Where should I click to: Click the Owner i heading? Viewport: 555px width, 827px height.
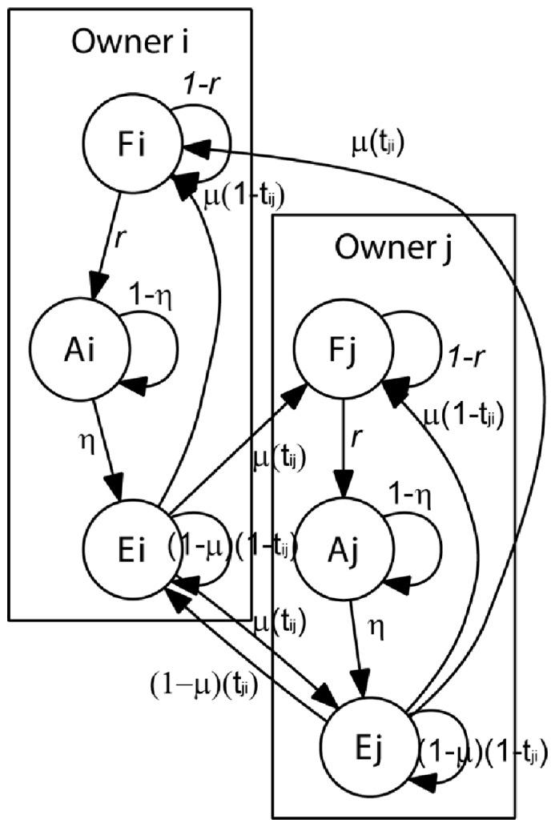(131, 42)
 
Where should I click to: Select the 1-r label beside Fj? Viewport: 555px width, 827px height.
(466, 359)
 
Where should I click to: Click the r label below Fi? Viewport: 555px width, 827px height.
(119, 239)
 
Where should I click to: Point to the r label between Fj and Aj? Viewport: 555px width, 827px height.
(356, 437)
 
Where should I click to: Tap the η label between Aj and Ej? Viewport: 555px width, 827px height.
(375, 628)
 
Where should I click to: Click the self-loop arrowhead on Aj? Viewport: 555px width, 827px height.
(398, 584)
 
